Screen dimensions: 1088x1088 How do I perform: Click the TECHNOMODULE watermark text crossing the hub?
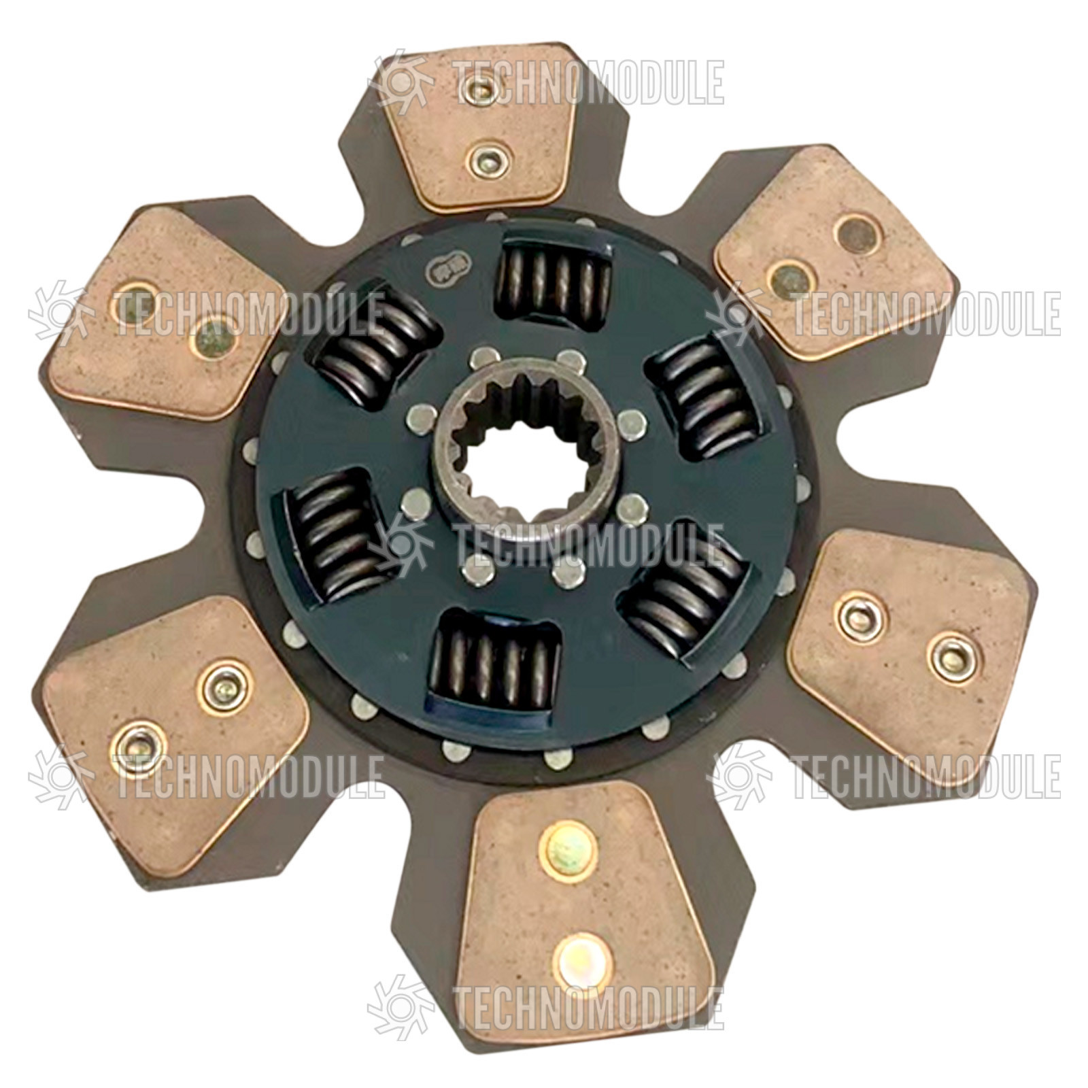coord(588,545)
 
